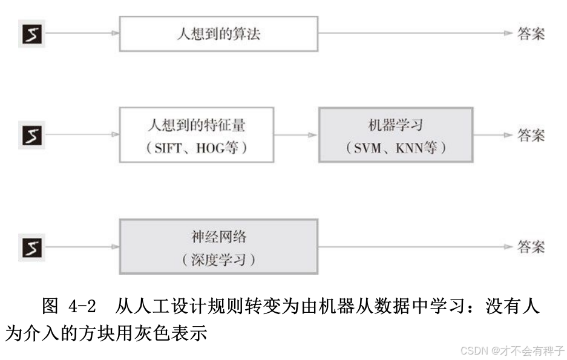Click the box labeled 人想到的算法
(x=218, y=33)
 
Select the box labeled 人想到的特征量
(x=196, y=134)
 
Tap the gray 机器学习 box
(x=395, y=134)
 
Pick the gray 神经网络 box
(x=218, y=247)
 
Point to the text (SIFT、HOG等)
(x=196, y=148)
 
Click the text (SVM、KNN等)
(x=395, y=148)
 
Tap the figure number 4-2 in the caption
(x=78, y=306)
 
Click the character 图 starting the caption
(x=50, y=306)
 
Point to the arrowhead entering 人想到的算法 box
(x=114, y=33)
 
